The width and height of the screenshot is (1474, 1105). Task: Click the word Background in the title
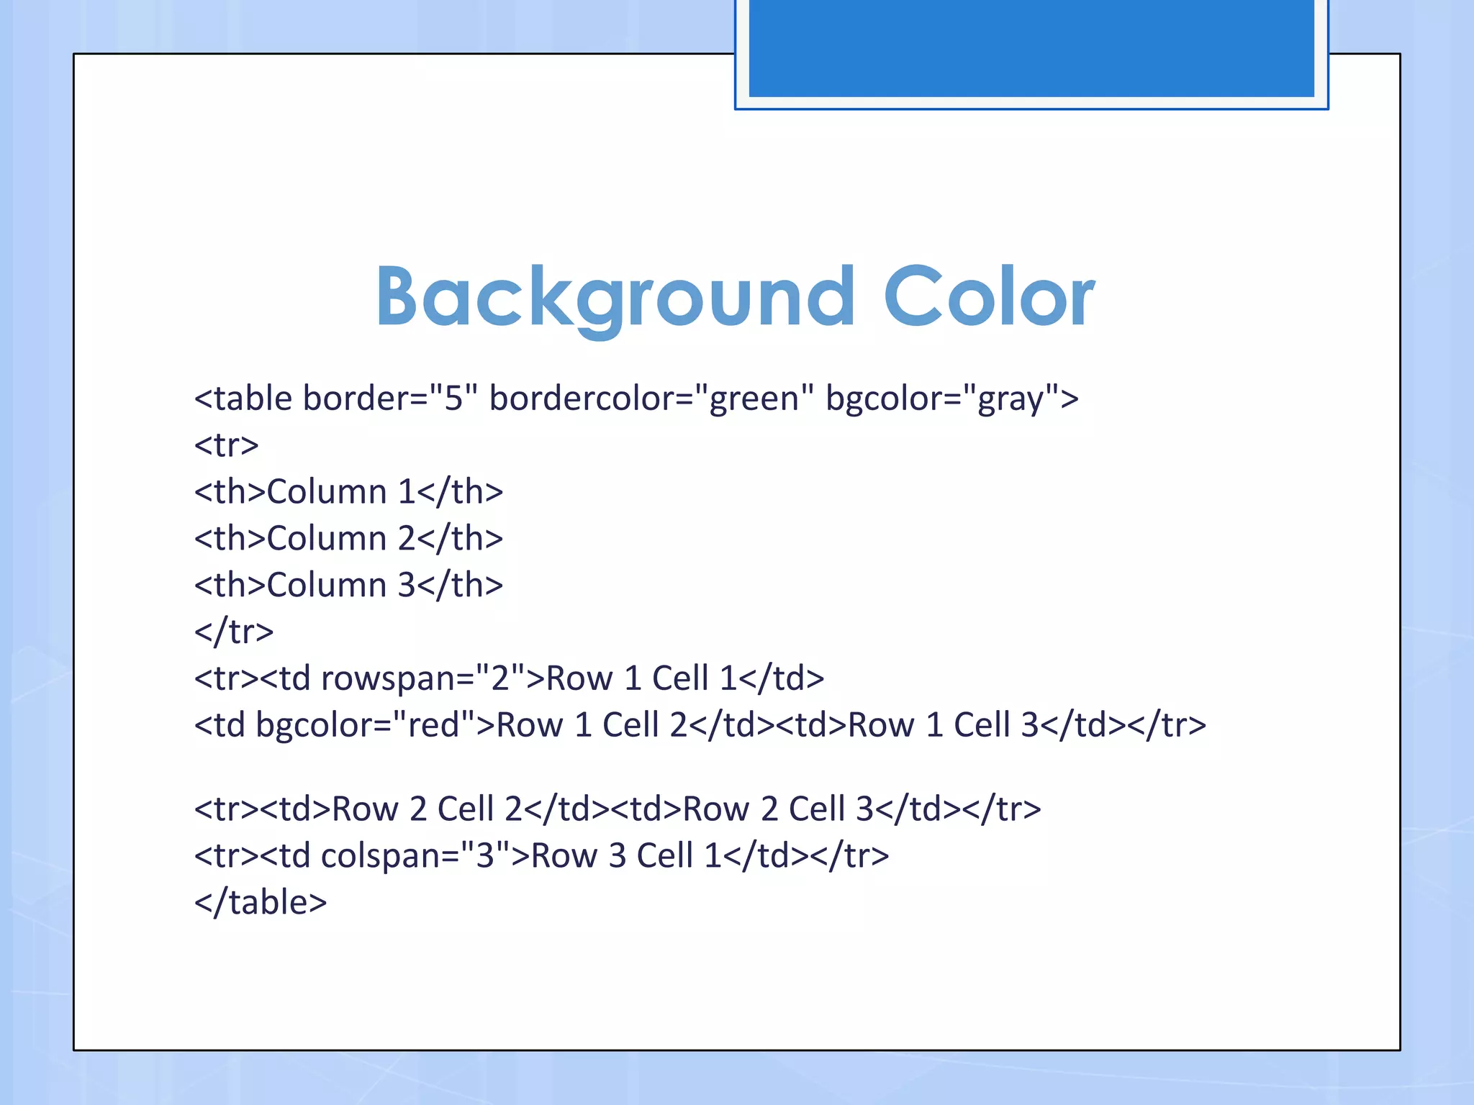pyautogui.click(x=615, y=297)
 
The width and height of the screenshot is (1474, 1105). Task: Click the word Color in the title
pyautogui.click(x=989, y=297)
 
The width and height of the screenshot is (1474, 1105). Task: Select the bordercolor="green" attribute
pyautogui.click(x=652, y=399)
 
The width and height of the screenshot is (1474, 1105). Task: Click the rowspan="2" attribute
pyautogui.click(x=423, y=678)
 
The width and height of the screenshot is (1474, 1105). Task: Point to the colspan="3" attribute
pyautogui.click(x=415, y=856)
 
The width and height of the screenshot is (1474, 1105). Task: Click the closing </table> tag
pyautogui.click(x=261, y=902)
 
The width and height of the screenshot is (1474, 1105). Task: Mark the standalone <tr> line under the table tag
pyautogui.click(x=226, y=445)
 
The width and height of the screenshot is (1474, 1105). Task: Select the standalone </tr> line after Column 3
pyautogui.click(x=234, y=632)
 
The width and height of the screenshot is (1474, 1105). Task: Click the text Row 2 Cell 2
pyautogui.click(x=427, y=809)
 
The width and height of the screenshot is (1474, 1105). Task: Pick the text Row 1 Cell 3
pyautogui.click(x=944, y=725)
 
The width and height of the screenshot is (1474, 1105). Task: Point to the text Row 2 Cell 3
pyautogui.click(x=778, y=809)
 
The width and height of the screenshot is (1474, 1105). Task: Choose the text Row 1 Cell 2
pyautogui.click(x=592, y=725)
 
